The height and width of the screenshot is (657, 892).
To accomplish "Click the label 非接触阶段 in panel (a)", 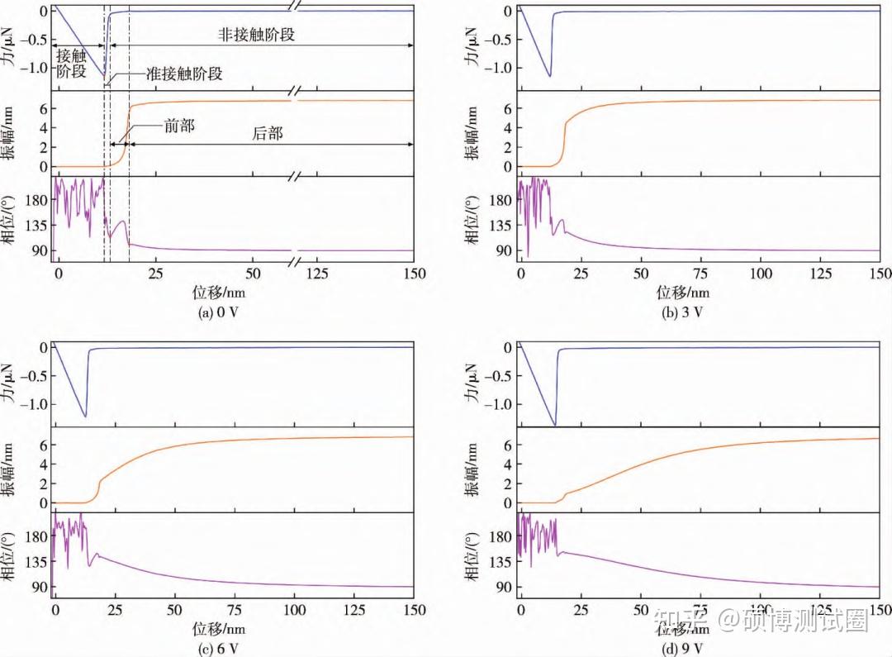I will click(x=256, y=36).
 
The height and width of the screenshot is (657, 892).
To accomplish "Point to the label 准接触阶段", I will click(x=183, y=74).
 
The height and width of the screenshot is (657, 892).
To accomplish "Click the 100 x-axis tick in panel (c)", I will click(x=295, y=609).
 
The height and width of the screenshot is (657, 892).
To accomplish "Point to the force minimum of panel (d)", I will click(x=554, y=425).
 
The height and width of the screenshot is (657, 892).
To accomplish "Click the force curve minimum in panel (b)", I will click(x=550, y=76).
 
